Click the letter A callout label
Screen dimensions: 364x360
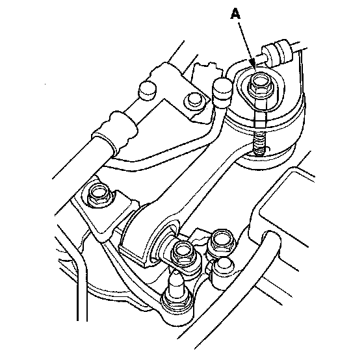click(x=235, y=14)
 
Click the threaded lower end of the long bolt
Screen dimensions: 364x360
click(x=259, y=144)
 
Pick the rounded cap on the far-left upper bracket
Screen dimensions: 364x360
click(x=148, y=90)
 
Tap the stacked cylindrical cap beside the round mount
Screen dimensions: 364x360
click(x=222, y=93)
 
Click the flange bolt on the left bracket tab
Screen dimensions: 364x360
click(x=100, y=194)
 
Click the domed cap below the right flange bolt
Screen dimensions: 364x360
click(x=222, y=267)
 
